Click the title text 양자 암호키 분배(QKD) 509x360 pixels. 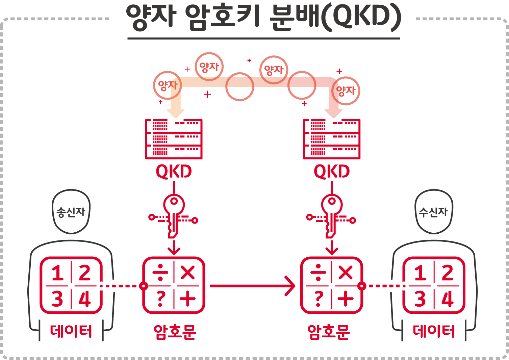[x=263, y=18]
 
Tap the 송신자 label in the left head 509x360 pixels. [x=71, y=212]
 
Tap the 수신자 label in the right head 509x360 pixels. [x=433, y=212]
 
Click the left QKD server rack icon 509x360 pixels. [x=174, y=139]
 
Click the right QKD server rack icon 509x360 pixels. [x=332, y=139]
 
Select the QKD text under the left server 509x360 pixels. [x=174, y=172]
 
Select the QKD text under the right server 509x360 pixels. [x=332, y=172]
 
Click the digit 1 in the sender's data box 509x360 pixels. [x=58, y=273]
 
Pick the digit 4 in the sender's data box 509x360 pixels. [x=85, y=299]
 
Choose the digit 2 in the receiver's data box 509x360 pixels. [x=448, y=273]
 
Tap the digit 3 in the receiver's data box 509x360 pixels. [x=420, y=299]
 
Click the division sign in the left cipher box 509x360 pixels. [x=160, y=272]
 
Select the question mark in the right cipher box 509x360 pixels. [x=319, y=299]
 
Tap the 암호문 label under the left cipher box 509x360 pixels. [x=175, y=332]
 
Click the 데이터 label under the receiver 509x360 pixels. [x=434, y=331]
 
